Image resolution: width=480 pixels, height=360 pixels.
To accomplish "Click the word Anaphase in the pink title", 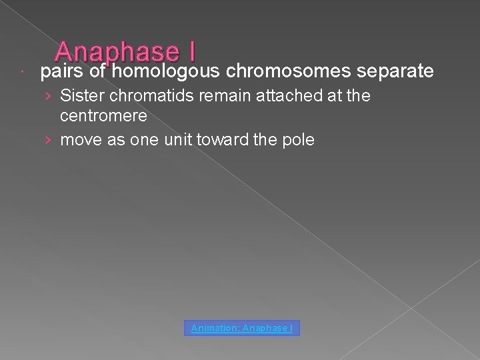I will tap(117, 52).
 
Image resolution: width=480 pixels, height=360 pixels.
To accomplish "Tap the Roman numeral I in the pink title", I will tap(191, 52).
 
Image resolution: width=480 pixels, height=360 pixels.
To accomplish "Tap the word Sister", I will tap(79, 96).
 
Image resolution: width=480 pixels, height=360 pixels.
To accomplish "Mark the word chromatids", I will tap(143, 96).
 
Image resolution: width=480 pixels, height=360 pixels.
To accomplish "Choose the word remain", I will tap(213, 96).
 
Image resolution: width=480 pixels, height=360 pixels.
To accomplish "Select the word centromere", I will tap(103, 115).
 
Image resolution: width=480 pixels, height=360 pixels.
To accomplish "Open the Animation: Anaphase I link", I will tap(242, 328).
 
